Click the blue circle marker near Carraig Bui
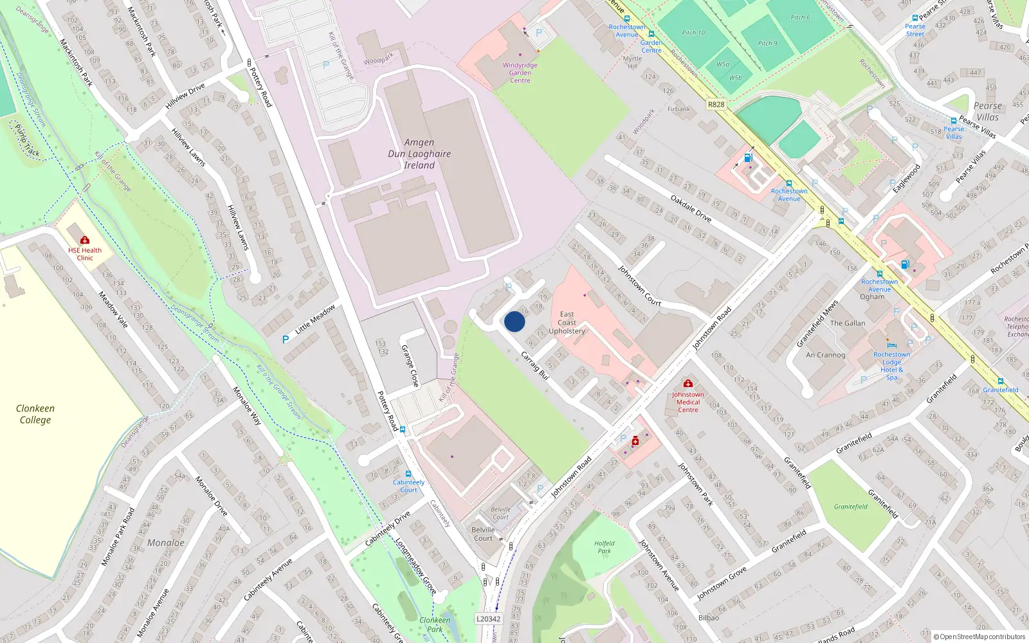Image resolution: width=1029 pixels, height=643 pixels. (x=514, y=321)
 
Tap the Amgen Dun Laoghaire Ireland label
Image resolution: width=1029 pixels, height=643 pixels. (x=419, y=154)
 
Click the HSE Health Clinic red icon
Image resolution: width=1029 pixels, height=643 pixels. (x=85, y=240)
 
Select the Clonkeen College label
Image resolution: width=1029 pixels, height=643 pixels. (x=35, y=414)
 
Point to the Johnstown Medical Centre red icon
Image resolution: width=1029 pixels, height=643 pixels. (x=688, y=383)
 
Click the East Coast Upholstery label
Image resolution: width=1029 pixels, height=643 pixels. (x=567, y=323)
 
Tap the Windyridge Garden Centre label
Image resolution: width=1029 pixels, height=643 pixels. (x=520, y=73)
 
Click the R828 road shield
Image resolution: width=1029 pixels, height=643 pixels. (x=716, y=104)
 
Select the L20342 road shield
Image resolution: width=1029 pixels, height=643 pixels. (x=488, y=619)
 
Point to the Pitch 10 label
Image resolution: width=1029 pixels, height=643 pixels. (x=693, y=33)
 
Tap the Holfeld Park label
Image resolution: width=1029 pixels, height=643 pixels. (x=604, y=547)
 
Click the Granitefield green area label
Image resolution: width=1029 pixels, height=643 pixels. (x=851, y=507)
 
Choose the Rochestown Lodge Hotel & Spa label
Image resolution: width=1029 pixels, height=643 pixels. (x=891, y=366)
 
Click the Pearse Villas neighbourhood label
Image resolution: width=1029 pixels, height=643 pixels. (x=988, y=111)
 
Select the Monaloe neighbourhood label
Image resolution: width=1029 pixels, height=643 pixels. (x=166, y=543)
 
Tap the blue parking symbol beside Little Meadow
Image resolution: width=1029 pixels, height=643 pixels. (x=286, y=340)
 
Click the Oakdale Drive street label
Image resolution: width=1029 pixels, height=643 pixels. (x=691, y=209)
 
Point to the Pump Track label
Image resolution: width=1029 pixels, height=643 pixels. (x=27, y=141)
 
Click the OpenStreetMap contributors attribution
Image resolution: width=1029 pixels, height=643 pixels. (x=979, y=637)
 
